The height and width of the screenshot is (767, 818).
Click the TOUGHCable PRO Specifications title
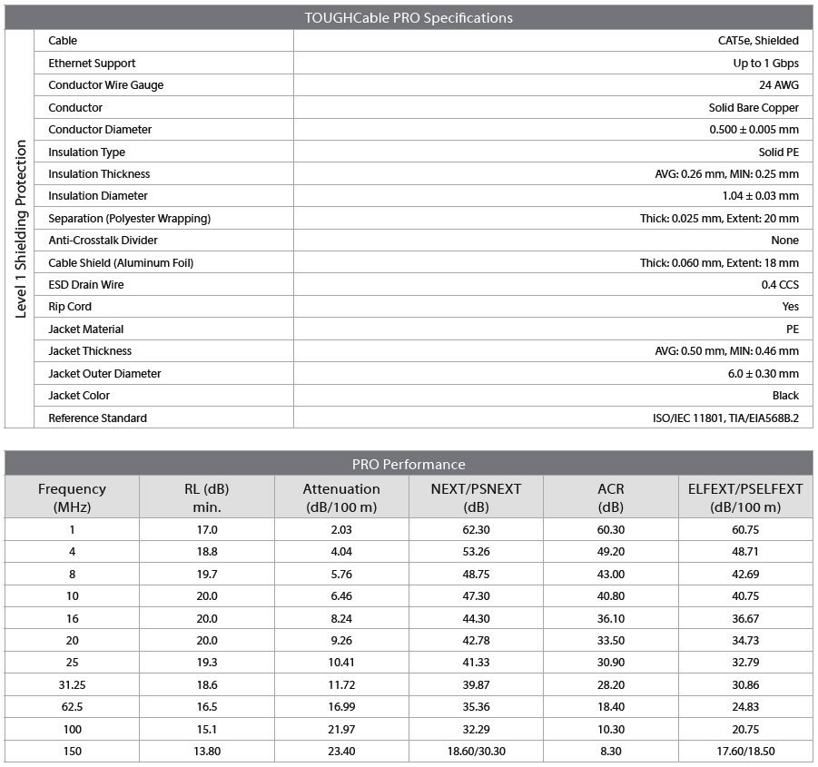(408, 17)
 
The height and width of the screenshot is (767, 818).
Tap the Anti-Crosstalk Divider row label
(103, 241)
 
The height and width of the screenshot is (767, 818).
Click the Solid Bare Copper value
(754, 107)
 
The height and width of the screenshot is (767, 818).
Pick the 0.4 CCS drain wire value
(780, 285)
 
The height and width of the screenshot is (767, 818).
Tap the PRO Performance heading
(408, 464)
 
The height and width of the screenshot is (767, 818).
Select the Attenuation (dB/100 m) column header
(341, 497)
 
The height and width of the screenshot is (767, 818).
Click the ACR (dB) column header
(610, 497)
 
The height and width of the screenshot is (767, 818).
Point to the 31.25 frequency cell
(72, 684)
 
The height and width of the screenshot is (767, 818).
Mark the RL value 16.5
(207, 706)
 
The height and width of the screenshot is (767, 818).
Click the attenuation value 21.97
(341, 729)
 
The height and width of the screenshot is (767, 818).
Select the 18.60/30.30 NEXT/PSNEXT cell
(476, 752)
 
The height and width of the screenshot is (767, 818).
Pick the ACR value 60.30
(610, 529)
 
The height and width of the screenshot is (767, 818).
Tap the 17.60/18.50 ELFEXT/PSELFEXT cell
(744, 752)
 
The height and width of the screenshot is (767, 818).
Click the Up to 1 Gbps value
(765, 64)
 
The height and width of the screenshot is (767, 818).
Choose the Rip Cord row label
(70, 307)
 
